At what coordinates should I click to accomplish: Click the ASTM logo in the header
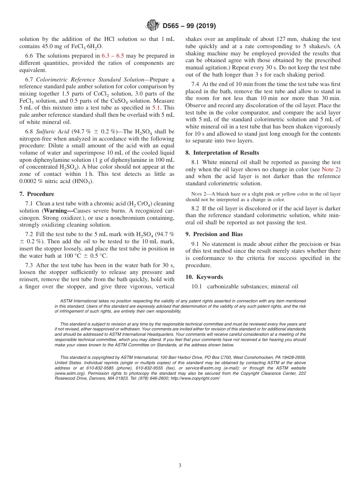[152, 26]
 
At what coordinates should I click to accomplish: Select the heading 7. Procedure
[37, 194]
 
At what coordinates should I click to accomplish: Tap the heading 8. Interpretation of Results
[222, 153]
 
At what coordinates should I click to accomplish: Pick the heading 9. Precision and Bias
[214, 234]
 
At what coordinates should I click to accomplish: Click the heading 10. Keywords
[204, 277]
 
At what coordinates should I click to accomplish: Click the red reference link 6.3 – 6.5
[113, 56]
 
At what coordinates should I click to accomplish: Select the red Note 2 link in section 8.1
[331, 169]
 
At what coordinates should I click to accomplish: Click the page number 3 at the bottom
[180, 466]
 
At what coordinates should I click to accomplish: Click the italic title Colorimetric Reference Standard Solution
[90, 80]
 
